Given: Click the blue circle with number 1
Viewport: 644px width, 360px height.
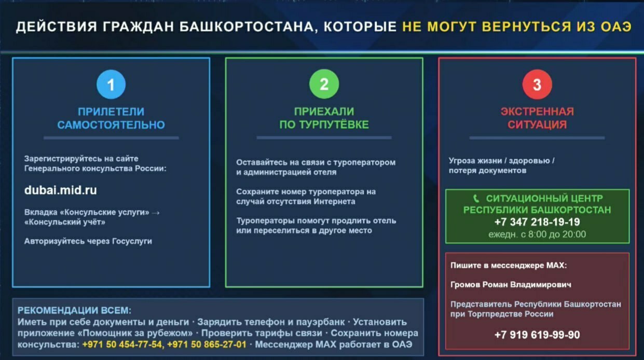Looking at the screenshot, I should coord(111,85).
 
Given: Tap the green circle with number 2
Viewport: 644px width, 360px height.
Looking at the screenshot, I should coord(324,85).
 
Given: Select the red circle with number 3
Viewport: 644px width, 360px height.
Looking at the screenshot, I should coord(537,85).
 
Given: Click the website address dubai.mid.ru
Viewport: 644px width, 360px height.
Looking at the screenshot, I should coord(60,190).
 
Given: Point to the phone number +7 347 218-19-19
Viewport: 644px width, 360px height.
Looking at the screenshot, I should coord(537,222).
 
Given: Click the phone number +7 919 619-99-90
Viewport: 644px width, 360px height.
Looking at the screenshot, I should coord(537,335).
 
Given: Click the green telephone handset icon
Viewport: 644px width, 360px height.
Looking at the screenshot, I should coord(477,198).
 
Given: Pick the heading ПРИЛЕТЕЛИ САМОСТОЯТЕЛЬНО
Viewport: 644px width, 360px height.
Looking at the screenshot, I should coord(111,118).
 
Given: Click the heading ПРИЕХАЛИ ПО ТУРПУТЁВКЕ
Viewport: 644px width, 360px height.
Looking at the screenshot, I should coord(324,118).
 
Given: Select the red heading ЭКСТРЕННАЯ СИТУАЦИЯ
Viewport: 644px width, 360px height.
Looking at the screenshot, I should coord(537,118).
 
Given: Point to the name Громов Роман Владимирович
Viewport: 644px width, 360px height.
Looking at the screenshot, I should coord(511,285).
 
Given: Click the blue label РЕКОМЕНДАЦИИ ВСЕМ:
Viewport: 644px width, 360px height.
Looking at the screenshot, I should coord(74,311).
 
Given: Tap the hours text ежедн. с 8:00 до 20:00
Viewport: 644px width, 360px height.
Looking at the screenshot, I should coord(537,234).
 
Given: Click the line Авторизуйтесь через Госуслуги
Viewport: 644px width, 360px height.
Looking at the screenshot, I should coord(88,241).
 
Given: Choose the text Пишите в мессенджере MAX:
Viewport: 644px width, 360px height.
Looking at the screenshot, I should coord(509,265).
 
